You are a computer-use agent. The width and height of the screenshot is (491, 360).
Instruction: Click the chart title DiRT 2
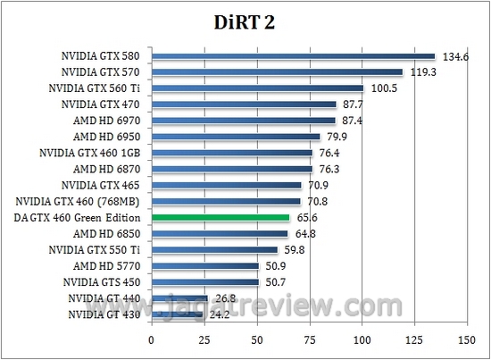click(x=245, y=22)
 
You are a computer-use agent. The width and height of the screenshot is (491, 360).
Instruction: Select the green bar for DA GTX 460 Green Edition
click(x=221, y=217)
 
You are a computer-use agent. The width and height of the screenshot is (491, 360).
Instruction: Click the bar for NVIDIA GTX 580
click(x=293, y=56)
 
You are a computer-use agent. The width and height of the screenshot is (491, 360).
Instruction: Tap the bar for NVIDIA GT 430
click(x=177, y=314)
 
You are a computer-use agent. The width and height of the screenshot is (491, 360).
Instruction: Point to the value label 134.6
click(x=456, y=57)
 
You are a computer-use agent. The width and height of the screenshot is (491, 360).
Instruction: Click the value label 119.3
click(x=424, y=73)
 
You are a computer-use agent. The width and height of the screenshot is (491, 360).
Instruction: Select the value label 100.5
click(x=385, y=89)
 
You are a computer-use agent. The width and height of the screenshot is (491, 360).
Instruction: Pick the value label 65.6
click(x=309, y=218)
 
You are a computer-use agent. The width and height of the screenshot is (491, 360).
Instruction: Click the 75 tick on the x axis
click(x=309, y=340)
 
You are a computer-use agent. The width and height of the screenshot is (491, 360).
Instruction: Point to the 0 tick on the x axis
click(x=152, y=340)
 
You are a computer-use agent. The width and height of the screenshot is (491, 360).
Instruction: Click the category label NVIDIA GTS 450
click(x=103, y=281)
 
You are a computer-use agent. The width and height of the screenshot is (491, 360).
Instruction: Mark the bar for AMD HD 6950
click(x=236, y=137)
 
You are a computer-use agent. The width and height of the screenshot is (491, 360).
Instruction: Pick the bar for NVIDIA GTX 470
click(x=244, y=105)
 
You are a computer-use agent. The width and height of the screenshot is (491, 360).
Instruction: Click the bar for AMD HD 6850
click(x=220, y=233)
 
